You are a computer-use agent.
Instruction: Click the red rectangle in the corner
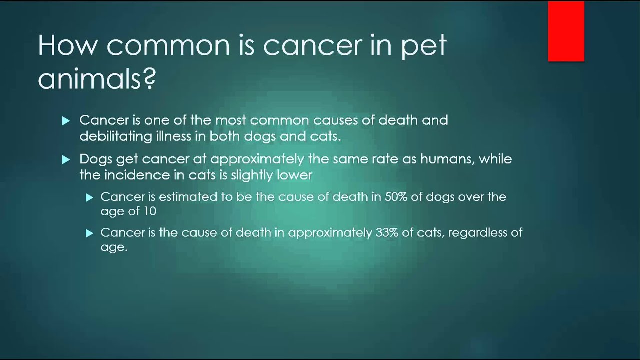click(x=566, y=31)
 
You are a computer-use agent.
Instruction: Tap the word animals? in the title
click(x=97, y=79)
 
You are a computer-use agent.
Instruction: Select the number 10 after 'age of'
click(x=149, y=211)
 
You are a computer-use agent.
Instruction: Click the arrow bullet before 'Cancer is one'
click(x=66, y=121)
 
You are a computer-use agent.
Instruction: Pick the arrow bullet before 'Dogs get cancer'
click(x=66, y=160)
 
